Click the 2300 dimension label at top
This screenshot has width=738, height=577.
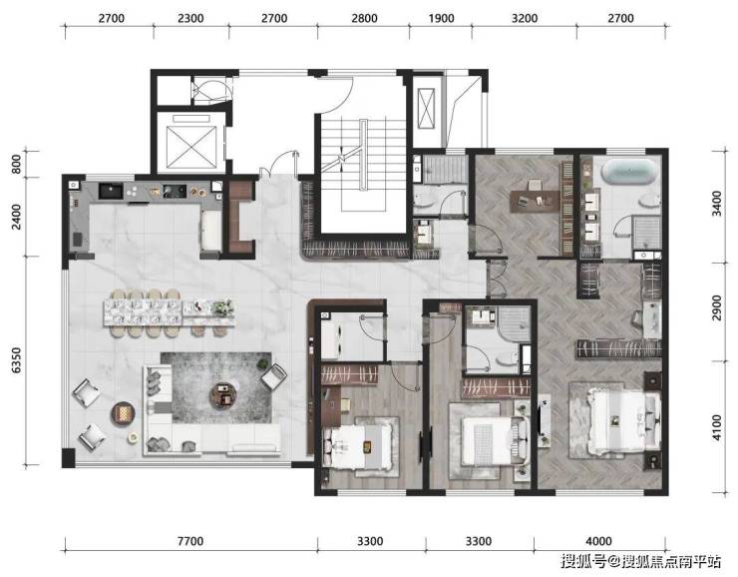[x=190, y=18]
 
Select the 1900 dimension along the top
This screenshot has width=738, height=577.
[x=441, y=18]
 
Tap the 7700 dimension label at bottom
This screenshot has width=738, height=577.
[x=190, y=541]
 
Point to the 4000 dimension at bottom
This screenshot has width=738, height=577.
[x=598, y=541]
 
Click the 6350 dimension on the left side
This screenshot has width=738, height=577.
[x=17, y=360]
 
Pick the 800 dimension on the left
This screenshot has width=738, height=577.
[x=17, y=164]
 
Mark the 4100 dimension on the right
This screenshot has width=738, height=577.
[x=716, y=427]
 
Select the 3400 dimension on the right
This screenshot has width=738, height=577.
[x=716, y=204]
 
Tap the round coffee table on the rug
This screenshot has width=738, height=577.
[x=224, y=394]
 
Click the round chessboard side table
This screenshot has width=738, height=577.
[x=123, y=414]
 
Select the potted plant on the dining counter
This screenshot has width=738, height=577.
[x=222, y=307]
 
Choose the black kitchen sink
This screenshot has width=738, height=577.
[x=111, y=191]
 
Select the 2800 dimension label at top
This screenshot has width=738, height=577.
[x=364, y=18]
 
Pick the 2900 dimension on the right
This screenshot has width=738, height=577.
[x=716, y=307]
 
